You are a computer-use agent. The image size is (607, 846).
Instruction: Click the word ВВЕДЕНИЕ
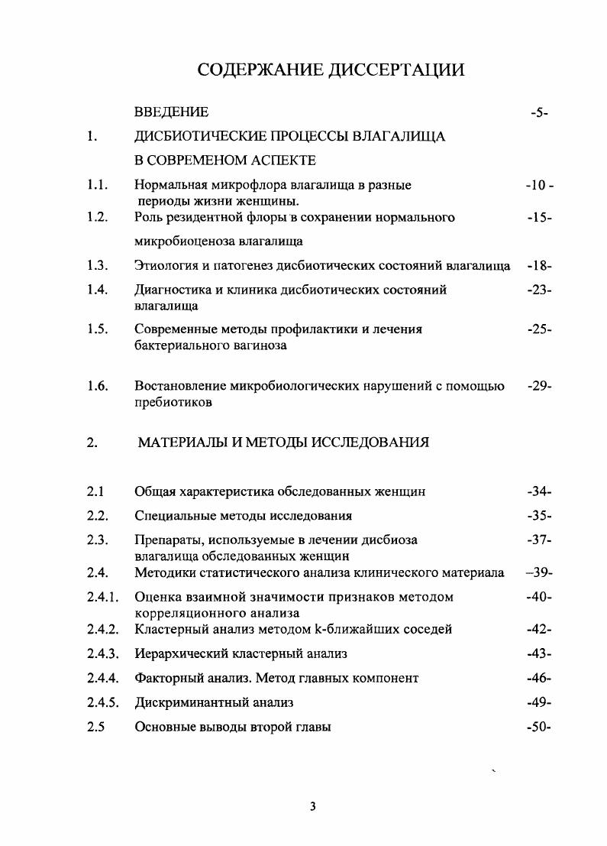(171, 112)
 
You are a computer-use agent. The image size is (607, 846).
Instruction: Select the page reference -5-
(539, 113)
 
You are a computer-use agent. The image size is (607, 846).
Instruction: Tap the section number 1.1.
(97, 185)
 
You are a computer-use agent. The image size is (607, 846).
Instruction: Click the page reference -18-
(539, 266)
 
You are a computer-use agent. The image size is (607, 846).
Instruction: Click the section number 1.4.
(97, 290)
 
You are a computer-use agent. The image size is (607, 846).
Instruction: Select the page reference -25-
(539, 329)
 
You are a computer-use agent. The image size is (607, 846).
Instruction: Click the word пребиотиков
(173, 401)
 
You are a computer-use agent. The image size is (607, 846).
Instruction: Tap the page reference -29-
(539, 386)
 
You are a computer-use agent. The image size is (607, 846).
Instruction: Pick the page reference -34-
(539, 491)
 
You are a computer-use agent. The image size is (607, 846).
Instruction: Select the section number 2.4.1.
(102, 597)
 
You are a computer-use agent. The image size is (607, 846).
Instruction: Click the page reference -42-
(539, 630)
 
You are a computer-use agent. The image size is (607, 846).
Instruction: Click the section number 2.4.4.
(102, 678)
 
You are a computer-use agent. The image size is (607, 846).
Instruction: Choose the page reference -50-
(539, 728)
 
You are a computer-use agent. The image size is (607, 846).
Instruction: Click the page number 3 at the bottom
(312, 806)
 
